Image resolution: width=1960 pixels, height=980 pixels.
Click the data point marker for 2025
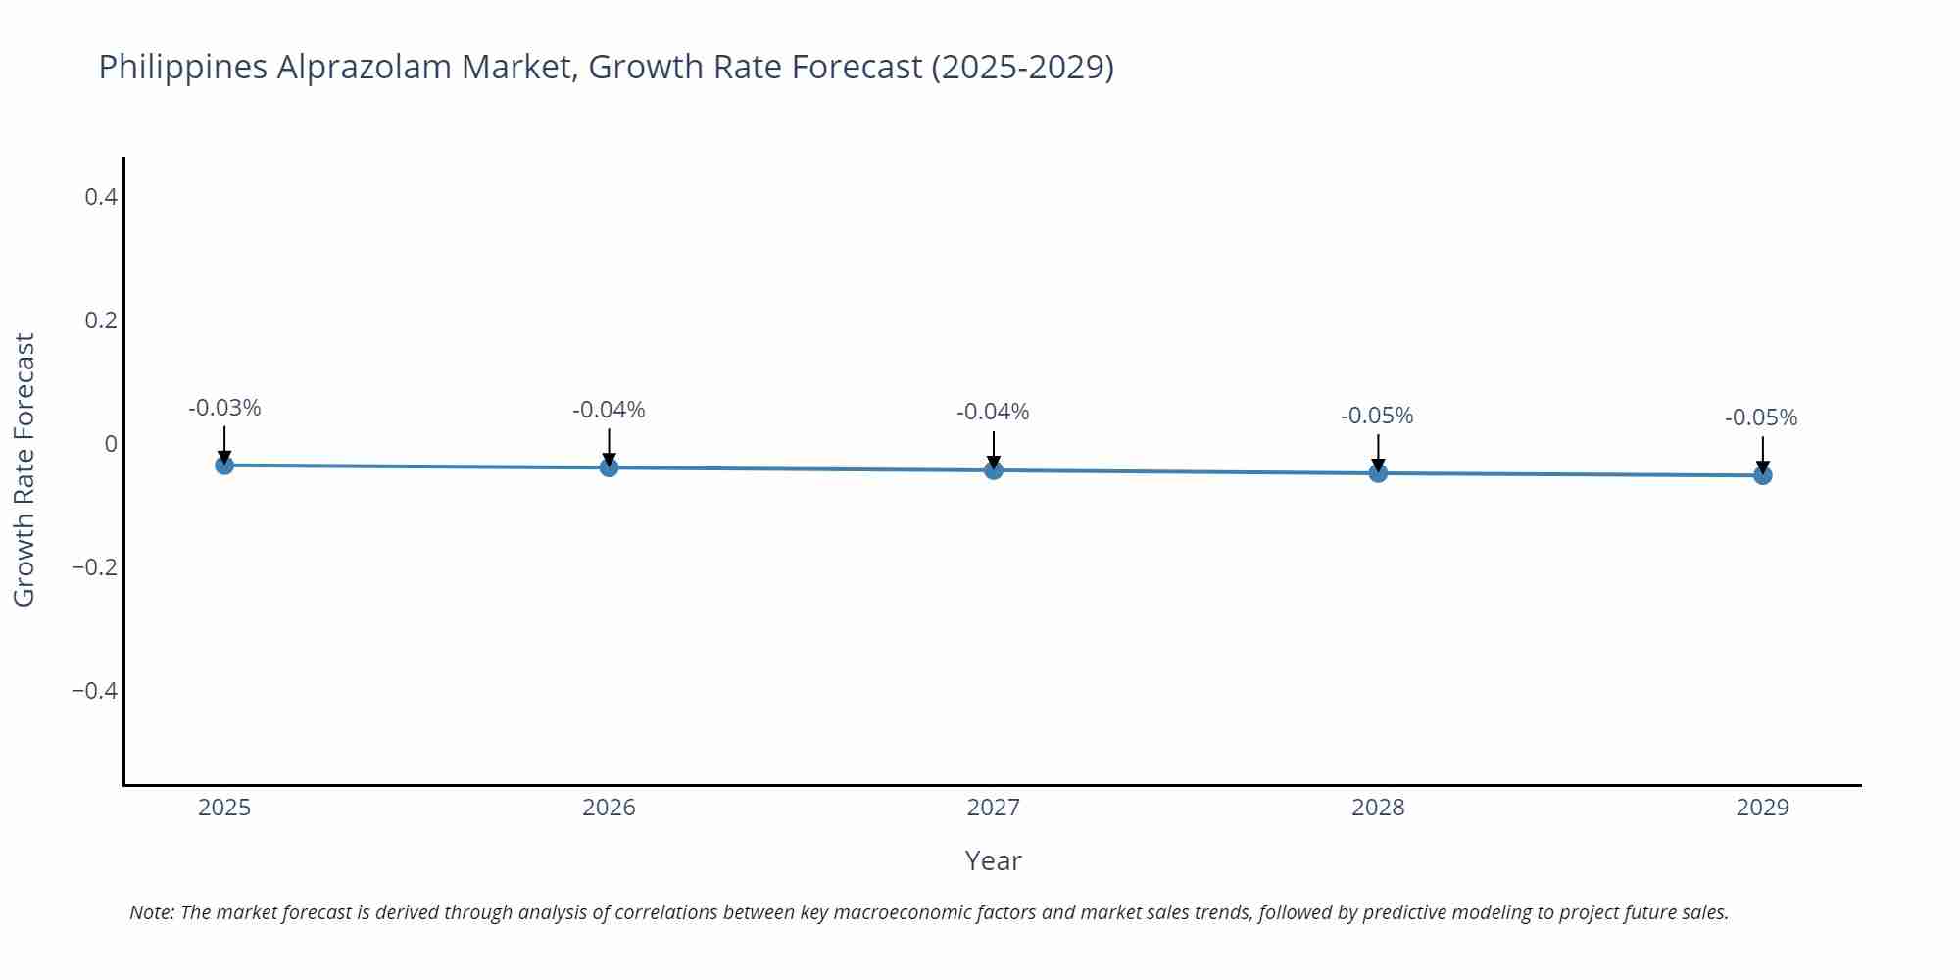pyautogui.click(x=224, y=465)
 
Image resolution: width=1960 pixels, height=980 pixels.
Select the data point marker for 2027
pyautogui.click(x=994, y=470)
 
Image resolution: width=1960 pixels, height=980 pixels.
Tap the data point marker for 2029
pyautogui.click(x=1762, y=475)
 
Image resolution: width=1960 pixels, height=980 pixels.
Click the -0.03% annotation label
pyautogui.click(x=224, y=408)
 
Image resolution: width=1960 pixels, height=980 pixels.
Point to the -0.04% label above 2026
pyautogui.click(x=609, y=410)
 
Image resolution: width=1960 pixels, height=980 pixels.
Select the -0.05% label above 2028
pyautogui.click(x=1377, y=416)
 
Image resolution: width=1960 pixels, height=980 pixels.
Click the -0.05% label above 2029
pyautogui.click(x=1761, y=417)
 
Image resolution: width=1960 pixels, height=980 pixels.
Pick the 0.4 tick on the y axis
pyautogui.click(x=101, y=197)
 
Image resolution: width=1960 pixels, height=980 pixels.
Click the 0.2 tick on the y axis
pyautogui.click(x=101, y=320)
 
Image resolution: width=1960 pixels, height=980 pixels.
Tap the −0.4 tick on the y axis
pyautogui.click(x=94, y=691)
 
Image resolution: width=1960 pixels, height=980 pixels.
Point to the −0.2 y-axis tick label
pyautogui.click(x=94, y=567)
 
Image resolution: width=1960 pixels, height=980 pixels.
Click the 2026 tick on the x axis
pyautogui.click(x=609, y=808)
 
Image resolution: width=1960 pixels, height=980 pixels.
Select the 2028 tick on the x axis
pyautogui.click(x=1378, y=808)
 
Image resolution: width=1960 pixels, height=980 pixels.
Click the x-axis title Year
pyautogui.click(x=993, y=860)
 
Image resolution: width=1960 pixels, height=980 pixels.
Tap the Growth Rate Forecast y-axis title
pyautogui.click(x=24, y=469)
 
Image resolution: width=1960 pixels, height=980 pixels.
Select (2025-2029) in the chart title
pyautogui.click(x=1022, y=67)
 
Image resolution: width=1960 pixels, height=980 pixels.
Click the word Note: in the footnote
pyautogui.click(x=152, y=912)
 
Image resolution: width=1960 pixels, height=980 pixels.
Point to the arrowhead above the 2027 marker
pyautogui.click(x=994, y=463)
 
